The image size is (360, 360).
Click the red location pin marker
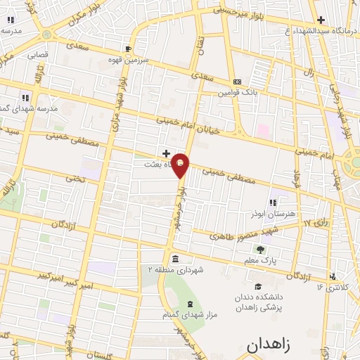point(181,165)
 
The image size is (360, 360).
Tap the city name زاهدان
point(278,344)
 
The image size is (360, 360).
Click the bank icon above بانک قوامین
point(237,82)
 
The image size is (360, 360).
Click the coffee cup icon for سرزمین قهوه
point(127,49)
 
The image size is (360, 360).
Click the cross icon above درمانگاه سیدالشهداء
point(321,20)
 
